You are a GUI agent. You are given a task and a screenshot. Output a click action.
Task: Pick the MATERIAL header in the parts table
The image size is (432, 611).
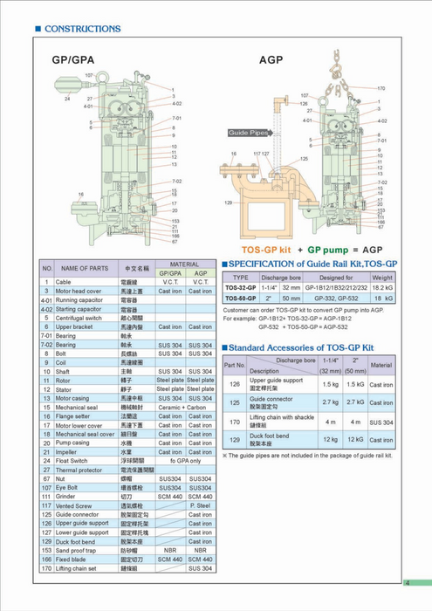184,263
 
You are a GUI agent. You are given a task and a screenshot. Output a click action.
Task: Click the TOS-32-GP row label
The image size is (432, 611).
240,286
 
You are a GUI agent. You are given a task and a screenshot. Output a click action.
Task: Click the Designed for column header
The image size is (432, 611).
336,276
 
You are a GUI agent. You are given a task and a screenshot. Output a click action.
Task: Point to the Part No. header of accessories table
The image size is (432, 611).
234,364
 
